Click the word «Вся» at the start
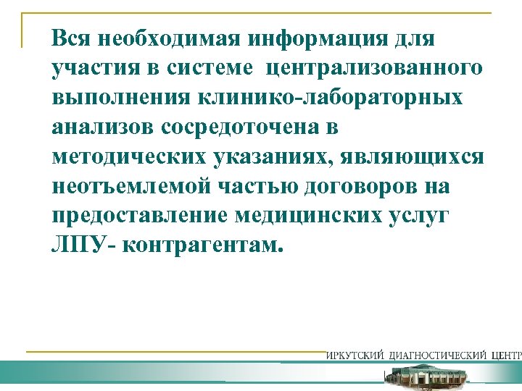[70, 37]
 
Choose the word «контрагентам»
[200, 245]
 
